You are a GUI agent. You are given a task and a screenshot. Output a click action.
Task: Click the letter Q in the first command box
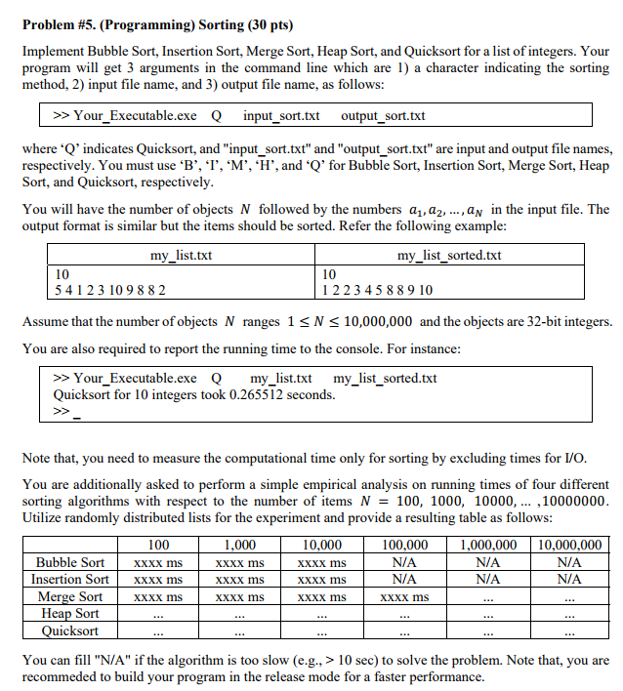pyautogui.click(x=216, y=116)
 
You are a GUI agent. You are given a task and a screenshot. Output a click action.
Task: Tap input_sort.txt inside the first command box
pyautogui.click(x=281, y=116)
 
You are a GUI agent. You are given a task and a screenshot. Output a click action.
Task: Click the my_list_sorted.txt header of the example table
pyautogui.click(x=449, y=256)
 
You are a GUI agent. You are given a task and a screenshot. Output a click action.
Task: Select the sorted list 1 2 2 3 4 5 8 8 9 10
pyautogui.click(x=378, y=290)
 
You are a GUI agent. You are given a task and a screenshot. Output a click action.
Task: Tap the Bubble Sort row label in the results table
pyautogui.click(x=70, y=562)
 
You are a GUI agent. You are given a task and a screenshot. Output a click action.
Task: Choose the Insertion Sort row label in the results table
pyautogui.click(x=70, y=579)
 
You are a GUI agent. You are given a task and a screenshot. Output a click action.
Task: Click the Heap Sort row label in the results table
pyautogui.click(x=70, y=613)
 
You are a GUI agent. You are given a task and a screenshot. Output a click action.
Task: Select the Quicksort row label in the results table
pyautogui.click(x=70, y=630)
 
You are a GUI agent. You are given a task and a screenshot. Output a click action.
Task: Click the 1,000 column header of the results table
pyautogui.click(x=240, y=545)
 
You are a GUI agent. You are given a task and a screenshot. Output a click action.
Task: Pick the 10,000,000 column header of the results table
pyautogui.click(x=569, y=545)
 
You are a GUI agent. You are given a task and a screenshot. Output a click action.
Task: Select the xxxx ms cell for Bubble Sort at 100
pyautogui.click(x=158, y=562)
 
